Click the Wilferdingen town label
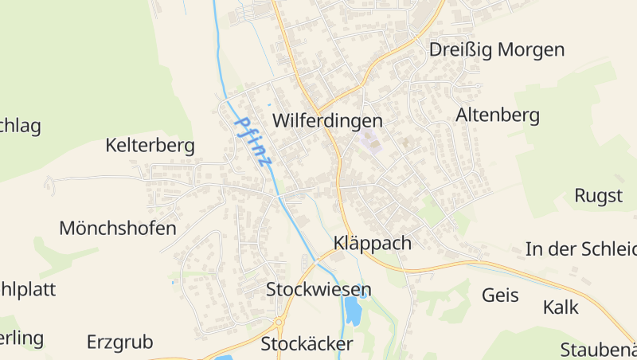click(x=327, y=121)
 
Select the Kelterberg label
click(x=150, y=146)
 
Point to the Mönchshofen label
click(x=118, y=229)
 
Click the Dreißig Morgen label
click(x=496, y=49)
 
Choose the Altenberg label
click(x=498, y=115)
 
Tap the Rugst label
click(x=598, y=195)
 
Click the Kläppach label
click(x=373, y=243)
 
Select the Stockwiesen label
click(x=318, y=288)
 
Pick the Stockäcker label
click(x=307, y=344)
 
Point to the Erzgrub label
click(x=119, y=342)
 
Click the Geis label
click(x=500, y=295)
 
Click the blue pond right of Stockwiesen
click(x=353, y=309)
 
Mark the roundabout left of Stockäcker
click(x=279, y=323)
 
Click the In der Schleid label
click(x=580, y=248)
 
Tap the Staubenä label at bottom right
click(x=598, y=350)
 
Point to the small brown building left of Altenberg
click(x=408, y=143)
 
